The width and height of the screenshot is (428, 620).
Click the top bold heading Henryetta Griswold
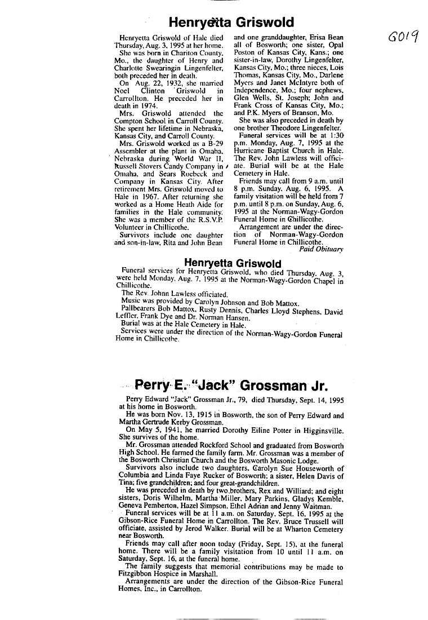click(231, 23)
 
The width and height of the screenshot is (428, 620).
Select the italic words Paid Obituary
click(321, 249)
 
